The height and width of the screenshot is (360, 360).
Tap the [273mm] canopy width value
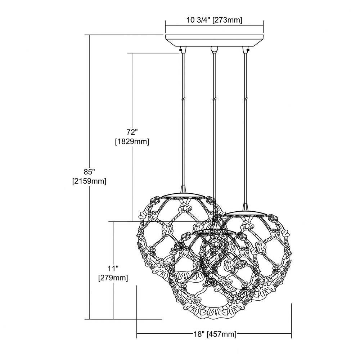click(x=227, y=20)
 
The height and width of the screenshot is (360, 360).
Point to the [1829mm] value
click(x=132, y=141)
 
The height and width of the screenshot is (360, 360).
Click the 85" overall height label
click(x=89, y=172)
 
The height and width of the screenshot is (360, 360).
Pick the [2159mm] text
click(x=89, y=181)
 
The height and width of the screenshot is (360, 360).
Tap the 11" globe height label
click(x=113, y=268)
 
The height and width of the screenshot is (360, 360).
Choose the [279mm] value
click(x=113, y=278)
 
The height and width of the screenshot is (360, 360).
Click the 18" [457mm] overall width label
click(x=214, y=334)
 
